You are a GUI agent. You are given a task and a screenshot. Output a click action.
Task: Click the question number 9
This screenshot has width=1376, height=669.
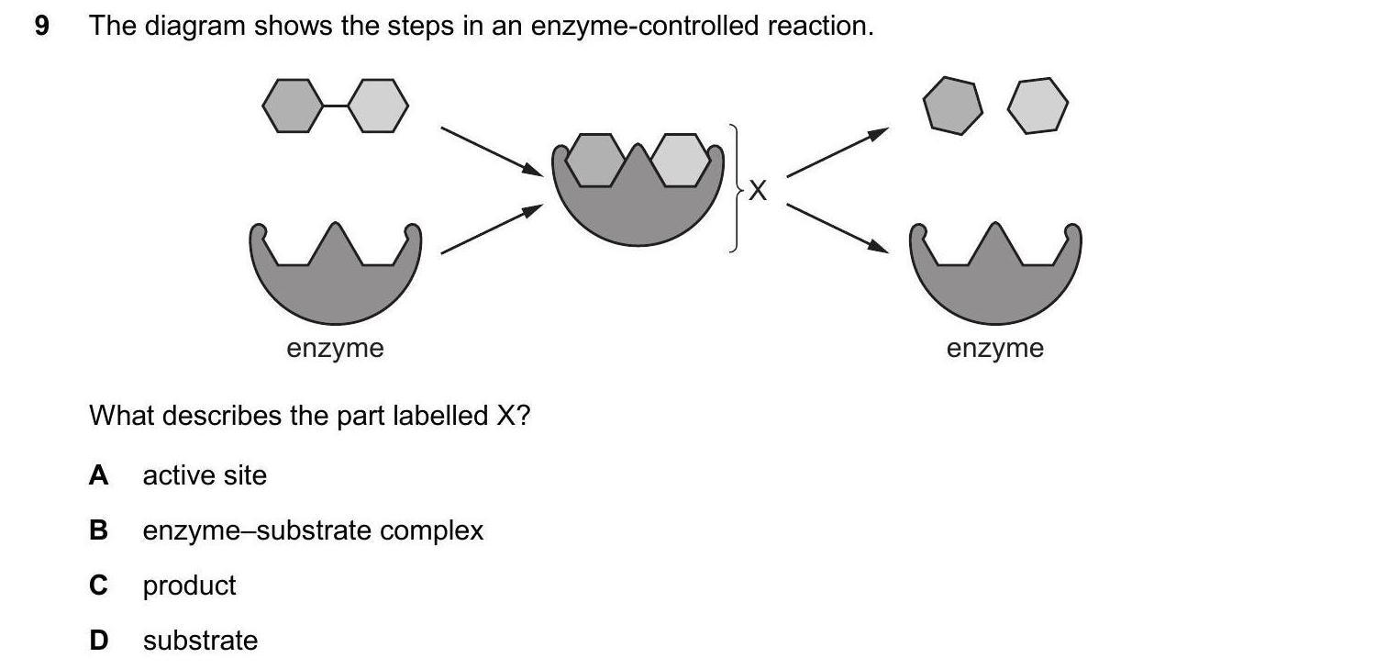(x=40, y=27)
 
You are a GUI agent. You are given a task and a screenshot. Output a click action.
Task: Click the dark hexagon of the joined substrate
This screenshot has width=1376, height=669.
(x=293, y=106)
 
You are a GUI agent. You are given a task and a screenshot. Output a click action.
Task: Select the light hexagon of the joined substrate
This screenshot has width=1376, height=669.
(x=377, y=106)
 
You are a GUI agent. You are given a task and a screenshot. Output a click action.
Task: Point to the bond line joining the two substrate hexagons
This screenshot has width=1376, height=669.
(x=335, y=106)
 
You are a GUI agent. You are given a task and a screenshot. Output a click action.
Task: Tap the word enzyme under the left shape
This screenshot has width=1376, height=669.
(x=335, y=349)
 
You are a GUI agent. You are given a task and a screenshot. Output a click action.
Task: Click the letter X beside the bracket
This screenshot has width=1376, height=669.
(x=757, y=191)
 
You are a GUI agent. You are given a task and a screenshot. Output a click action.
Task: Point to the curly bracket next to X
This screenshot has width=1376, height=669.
(x=734, y=188)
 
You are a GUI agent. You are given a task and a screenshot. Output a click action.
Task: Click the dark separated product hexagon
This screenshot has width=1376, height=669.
(x=953, y=106)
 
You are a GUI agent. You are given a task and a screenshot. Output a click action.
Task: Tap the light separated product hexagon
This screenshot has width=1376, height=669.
(x=1038, y=106)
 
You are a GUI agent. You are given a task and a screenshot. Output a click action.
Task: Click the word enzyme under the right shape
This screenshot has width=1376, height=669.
(x=995, y=349)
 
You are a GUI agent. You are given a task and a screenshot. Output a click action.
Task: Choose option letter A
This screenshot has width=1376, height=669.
(x=98, y=475)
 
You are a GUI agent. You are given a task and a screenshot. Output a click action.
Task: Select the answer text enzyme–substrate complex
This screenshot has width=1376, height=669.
(x=313, y=530)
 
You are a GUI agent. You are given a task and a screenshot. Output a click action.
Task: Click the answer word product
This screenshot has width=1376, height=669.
(x=189, y=585)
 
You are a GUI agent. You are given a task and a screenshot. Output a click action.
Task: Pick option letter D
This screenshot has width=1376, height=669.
(x=98, y=641)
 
